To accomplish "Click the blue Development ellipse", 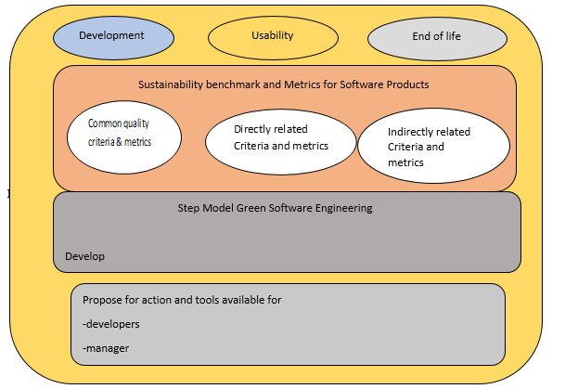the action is [113, 37].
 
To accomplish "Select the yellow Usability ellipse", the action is [273, 37].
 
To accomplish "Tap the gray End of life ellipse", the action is [437, 39].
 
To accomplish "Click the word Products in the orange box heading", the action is [407, 84].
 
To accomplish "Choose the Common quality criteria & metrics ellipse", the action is [124, 137].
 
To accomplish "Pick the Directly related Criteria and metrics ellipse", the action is [281, 142].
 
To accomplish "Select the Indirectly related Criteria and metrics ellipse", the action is [433, 146].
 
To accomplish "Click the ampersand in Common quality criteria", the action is [120, 142].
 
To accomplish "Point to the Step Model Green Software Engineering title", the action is [275, 208].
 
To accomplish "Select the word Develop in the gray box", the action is [85, 256].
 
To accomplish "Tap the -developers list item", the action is [111, 324].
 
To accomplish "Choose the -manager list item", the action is [106, 349].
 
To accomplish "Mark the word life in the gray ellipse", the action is [453, 36].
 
